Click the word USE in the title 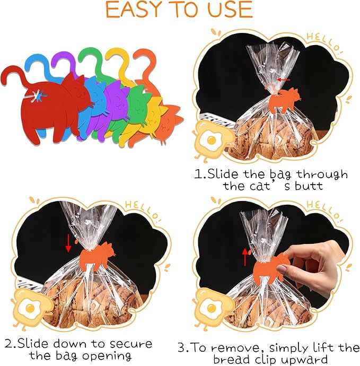230,10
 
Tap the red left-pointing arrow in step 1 284,80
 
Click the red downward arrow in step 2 68,243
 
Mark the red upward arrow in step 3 245,257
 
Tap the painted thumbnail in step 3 282,269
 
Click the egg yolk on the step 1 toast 212,141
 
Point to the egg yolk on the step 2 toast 30,309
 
